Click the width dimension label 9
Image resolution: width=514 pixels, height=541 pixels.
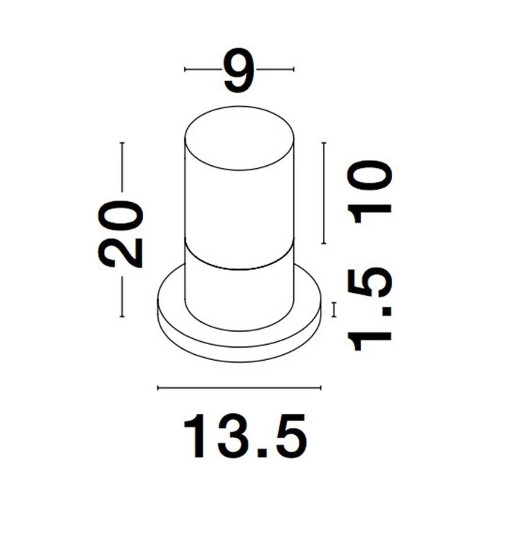pyautogui.click(x=238, y=71)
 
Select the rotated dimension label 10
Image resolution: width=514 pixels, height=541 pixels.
pyautogui.click(x=370, y=189)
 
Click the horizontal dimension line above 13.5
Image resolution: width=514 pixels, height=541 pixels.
pyautogui.click(x=240, y=388)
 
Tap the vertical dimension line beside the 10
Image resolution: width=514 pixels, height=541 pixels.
pyautogui.click(x=324, y=193)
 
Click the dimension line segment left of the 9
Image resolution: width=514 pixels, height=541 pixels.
pyautogui.click(x=202, y=69)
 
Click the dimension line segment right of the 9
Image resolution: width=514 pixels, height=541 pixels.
pyautogui.click(x=276, y=69)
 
